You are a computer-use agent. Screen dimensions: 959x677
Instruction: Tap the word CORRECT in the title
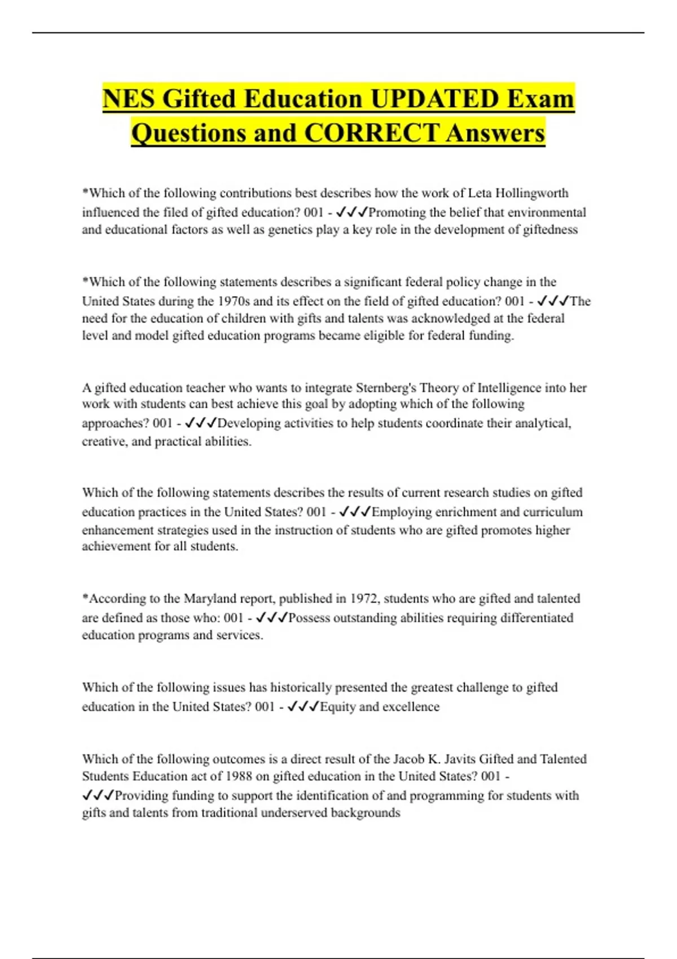(371, 133)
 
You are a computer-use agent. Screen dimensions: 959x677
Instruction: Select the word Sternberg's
(386, 388)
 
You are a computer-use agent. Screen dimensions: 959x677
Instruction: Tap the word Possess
(309, 618)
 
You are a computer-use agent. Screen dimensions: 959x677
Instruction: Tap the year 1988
(238, 776)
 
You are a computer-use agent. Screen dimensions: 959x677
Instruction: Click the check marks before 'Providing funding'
(98, 795)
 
